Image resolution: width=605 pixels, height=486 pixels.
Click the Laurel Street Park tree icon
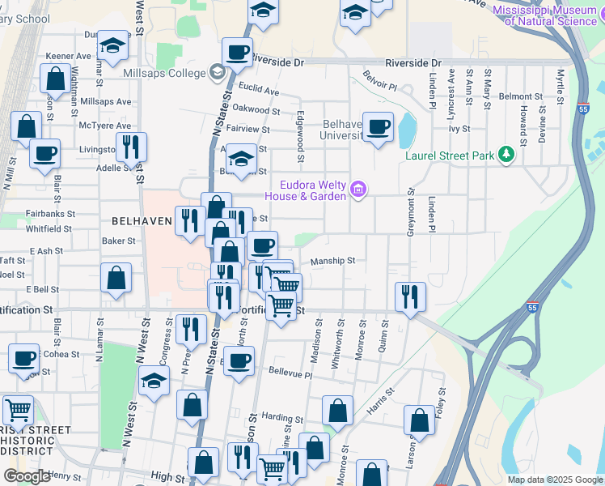506,154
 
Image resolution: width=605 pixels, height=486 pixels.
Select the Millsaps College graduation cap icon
216,73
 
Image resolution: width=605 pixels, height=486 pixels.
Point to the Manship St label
333,261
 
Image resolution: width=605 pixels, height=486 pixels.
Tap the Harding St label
282,418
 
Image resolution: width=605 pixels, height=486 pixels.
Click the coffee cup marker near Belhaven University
378,127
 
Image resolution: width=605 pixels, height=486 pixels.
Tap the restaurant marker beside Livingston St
130,147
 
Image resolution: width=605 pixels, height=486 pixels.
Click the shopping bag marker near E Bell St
116,277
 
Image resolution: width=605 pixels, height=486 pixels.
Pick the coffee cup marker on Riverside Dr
238,53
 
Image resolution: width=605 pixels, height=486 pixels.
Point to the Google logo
26,476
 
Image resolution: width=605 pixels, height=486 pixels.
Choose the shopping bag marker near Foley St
419,421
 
